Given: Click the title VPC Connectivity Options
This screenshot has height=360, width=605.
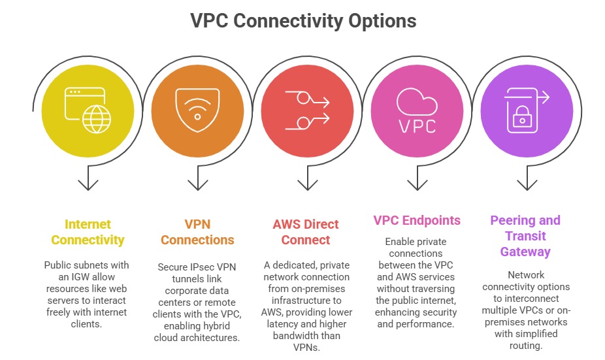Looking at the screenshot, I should click(303, 20).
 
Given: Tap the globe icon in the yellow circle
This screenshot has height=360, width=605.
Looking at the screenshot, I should click(97, 118).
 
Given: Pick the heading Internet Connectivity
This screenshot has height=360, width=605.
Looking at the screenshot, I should click(88, 232).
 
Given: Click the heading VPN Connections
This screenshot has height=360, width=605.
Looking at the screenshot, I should click(197, 232).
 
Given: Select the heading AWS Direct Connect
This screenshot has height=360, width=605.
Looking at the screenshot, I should click(306, 232).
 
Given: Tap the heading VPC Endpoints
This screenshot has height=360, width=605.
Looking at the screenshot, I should click(417, 220).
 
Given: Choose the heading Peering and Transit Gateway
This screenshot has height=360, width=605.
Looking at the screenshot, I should click(525, 236).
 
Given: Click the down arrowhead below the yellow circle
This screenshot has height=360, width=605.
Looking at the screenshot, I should click(88, 185).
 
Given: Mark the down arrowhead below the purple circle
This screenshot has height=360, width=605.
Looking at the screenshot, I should click(527, 185).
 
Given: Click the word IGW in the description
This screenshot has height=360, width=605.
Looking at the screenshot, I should click(69, 277).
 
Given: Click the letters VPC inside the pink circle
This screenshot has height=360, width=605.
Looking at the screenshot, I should click(417, 125).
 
